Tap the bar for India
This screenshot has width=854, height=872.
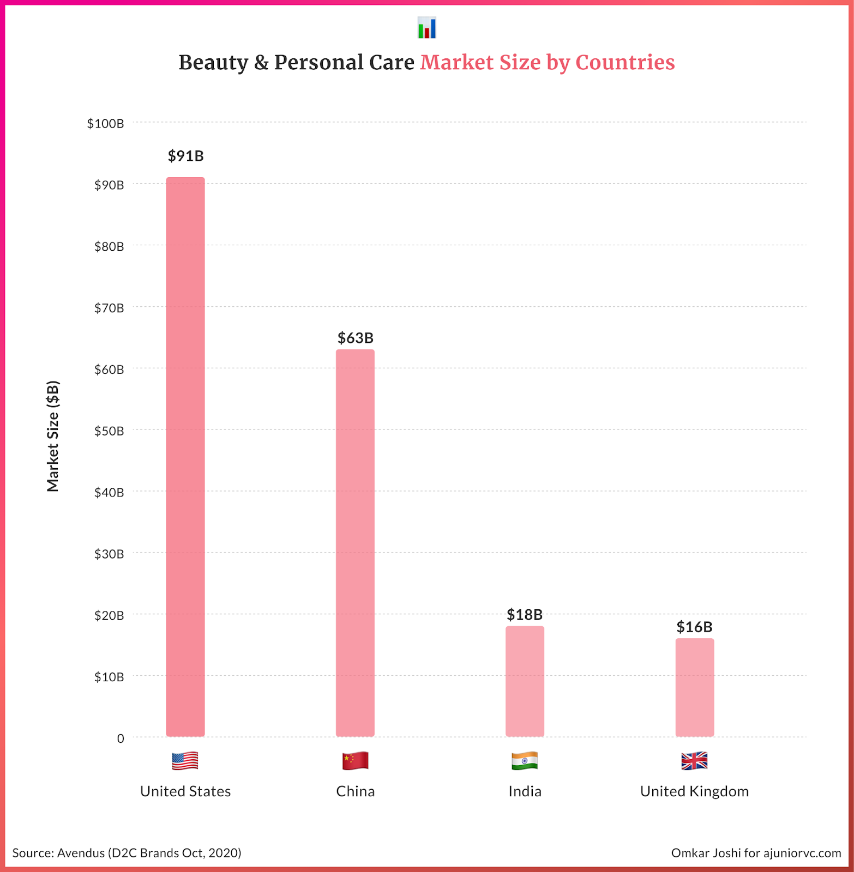pos(525,681)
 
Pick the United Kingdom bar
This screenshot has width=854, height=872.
pos(694,687)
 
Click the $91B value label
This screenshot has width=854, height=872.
pos(185,156)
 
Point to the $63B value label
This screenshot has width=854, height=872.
pos(355,338)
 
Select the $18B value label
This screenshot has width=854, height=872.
pos(525,615)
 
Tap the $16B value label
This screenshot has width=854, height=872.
pos(694,627)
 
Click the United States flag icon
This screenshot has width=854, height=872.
pos(185,761)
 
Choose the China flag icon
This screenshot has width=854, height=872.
pos(355,761)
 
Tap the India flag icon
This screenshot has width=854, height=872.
pos(525,761)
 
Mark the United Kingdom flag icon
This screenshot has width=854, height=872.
pos(694,761)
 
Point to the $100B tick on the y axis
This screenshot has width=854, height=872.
pos(105,124)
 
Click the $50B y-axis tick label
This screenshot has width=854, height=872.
pos(109,431)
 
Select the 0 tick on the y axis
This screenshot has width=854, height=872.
pos(121,738)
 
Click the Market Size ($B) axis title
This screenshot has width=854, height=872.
pos(52,436)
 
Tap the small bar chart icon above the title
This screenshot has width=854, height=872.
pos(427,28)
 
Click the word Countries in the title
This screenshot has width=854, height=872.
pos(625,63)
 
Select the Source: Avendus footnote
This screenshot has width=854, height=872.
pos(127,853)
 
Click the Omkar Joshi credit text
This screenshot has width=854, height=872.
pos(756,853)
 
